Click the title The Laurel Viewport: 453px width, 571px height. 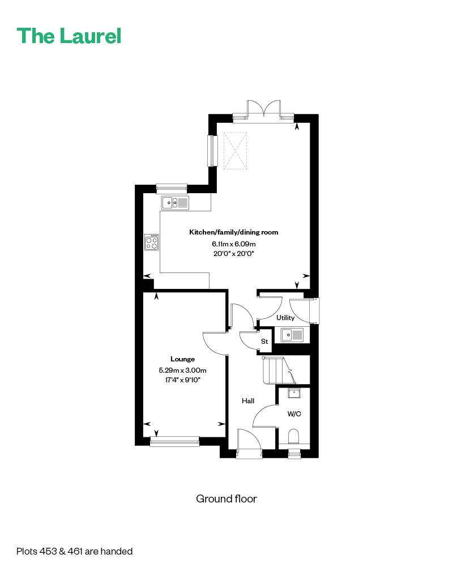(x=69, y=36)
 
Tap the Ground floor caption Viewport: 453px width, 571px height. (x=226, y=498)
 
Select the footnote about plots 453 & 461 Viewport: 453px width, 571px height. (x=74, y=551)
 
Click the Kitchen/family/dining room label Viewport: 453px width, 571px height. (x=234, y=232)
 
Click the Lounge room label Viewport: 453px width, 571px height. (x=182, y=359)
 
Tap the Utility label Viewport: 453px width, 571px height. (x=285, y=318)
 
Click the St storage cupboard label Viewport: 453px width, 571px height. (x=264, y=342)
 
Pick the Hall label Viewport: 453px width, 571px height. (x=248, y=401)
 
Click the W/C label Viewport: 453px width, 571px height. (x=294, y=414)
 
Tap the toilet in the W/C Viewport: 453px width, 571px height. (x=294, y=437)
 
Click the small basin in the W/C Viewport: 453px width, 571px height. (x=294, y=393)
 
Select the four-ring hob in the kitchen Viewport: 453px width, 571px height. (x=151, y=242)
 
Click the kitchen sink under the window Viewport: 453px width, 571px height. (x=174, y=202)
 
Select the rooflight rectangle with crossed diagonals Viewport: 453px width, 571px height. (x=235, y=151)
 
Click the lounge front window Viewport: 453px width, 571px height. (x=174, y=441)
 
